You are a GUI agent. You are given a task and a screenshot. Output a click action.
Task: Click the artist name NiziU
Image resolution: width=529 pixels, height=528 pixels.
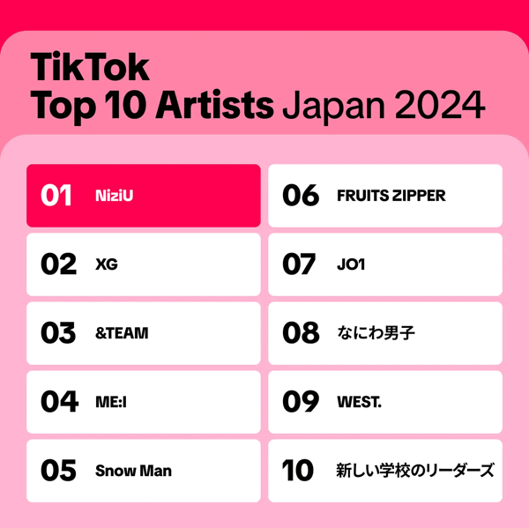pos(114,196)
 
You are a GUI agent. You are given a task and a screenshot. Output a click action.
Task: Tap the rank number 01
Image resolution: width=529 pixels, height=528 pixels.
pos(56,196)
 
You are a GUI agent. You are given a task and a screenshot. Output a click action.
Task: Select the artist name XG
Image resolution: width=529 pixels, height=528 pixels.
pos(107,264)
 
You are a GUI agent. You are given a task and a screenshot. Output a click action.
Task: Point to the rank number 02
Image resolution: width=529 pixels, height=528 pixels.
pos(58,264)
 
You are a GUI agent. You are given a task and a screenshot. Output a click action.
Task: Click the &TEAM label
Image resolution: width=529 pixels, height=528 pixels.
pos(122,333)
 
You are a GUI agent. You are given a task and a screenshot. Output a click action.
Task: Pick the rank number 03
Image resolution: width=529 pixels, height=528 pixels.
pos(58,333)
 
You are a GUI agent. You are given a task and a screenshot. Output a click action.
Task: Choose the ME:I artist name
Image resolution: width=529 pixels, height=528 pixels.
pos(111,402)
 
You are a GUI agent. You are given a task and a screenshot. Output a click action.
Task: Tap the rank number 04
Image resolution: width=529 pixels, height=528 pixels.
pos(59,401)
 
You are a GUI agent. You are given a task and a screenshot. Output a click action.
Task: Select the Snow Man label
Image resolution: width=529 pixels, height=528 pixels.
pos(133,471)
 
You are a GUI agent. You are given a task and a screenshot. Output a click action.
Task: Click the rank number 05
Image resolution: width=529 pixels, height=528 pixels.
pos(58,471)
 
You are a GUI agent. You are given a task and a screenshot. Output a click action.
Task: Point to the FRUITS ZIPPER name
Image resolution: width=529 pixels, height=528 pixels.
pos(391,196)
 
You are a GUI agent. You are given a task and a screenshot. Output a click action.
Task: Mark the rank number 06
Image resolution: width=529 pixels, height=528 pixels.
pos(301,196)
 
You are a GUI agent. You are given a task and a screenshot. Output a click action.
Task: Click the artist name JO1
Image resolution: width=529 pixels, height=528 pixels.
pos(351,264)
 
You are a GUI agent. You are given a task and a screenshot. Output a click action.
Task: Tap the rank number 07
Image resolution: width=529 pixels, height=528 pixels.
pos(299,264)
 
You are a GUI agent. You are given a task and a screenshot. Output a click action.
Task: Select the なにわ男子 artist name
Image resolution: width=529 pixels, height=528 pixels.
pos(376,333)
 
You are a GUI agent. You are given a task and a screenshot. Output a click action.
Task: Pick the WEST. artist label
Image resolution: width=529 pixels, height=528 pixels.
pos(360,402)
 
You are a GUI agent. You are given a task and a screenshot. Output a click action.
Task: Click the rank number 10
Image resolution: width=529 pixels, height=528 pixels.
pos(298,471)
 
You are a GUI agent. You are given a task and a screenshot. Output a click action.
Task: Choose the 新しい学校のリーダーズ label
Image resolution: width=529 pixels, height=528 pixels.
pos(415,471)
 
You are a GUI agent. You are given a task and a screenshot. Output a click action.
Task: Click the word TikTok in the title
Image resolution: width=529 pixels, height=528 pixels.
pos(90,67)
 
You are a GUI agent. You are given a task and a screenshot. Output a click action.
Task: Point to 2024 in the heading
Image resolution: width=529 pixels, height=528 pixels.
pos(440,105)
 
